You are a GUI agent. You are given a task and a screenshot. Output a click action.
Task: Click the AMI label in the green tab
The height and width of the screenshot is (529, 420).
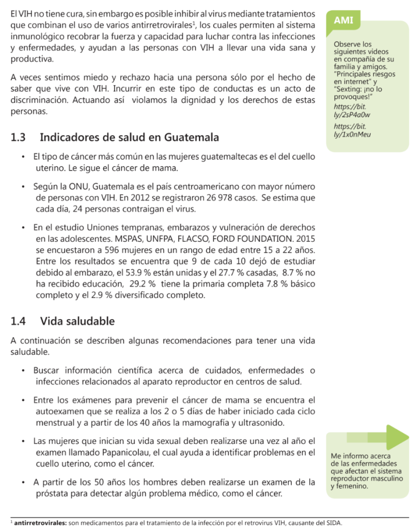344,20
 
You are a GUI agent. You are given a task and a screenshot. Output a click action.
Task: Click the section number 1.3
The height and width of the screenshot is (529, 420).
18,138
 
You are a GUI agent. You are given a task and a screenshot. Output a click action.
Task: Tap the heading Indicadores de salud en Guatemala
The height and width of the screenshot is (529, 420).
129,138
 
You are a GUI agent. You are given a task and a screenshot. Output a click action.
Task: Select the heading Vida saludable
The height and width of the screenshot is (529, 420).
77,321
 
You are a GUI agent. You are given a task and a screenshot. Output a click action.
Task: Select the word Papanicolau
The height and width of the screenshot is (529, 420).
120,453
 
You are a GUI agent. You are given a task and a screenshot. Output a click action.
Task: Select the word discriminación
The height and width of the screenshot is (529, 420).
39,100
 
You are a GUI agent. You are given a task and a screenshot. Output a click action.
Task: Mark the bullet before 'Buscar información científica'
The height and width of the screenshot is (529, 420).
23,370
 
